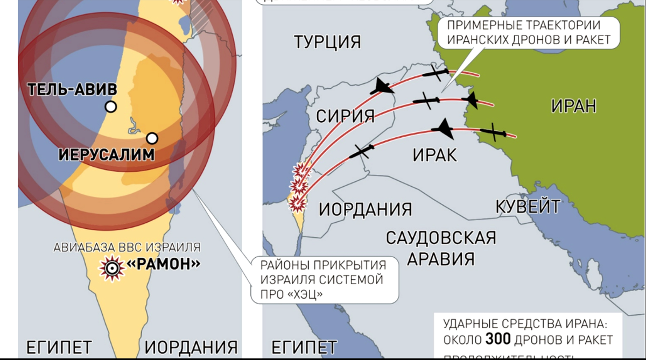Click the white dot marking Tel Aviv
[110, 107]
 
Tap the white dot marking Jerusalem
[152, 138]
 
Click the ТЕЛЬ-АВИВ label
[72, 89]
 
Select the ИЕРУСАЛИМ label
[106, 155]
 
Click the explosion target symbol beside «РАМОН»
[112, 267]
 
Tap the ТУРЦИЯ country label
[327, 41]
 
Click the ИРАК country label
[434, 155]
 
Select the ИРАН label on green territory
[573, 105]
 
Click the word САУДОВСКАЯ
[441, 237]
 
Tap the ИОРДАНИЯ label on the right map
[365, 209]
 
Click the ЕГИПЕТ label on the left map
[59, 347]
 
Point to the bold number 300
[498, 339]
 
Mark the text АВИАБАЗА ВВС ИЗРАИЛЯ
[127, 248]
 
